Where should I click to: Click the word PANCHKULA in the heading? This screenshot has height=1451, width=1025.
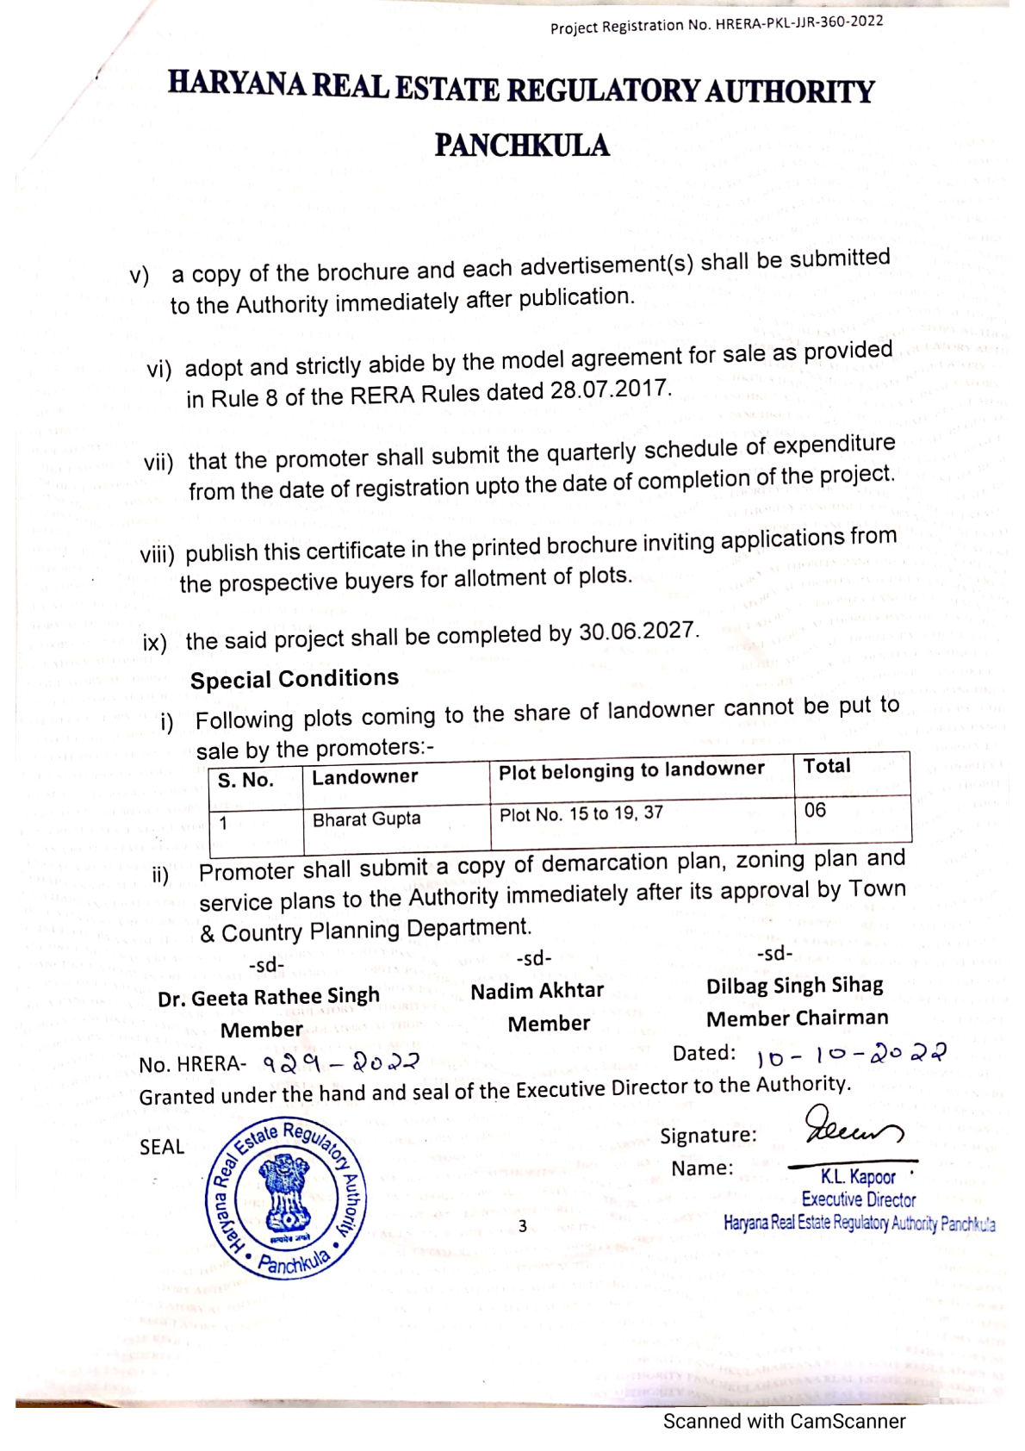(522, 146)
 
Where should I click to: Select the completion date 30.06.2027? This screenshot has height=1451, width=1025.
(637, 632)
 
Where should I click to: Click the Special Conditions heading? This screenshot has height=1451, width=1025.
(295, 679)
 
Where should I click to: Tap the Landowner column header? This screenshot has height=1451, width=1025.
(364, 777)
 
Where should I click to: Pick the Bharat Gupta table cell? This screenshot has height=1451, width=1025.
(366, 819)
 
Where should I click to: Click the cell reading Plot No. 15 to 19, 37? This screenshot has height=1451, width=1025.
(581, 814)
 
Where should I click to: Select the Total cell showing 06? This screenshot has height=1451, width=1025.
(815, 810)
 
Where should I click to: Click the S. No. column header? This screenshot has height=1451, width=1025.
(245, 781)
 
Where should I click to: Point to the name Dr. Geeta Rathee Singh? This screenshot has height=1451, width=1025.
(269, 997)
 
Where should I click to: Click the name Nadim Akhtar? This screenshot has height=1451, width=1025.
(537, 991)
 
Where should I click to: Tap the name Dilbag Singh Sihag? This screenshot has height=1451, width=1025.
(795, 986)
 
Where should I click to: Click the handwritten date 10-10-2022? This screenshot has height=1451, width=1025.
(850, 1054)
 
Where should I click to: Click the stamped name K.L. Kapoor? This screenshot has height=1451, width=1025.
(858, 1177)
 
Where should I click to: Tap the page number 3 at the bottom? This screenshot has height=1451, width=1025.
(522, 1226)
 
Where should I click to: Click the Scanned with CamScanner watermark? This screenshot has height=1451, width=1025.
(784, 1422)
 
